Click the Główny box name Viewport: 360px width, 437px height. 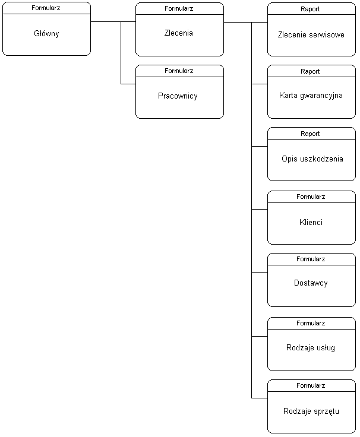(46, 34)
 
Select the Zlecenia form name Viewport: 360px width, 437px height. (178, 33)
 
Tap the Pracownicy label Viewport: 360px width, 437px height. (178, 96)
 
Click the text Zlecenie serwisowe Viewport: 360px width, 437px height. (311, 35)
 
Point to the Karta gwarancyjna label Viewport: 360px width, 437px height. (311, 96)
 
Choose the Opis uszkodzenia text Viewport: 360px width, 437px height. (312, 159)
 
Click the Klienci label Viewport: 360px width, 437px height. (311, 222)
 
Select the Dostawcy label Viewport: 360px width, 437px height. (311, 283)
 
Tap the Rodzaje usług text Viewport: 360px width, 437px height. (310, 348)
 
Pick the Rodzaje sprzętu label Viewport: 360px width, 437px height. (311, 411)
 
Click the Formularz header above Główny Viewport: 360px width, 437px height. (46, 8)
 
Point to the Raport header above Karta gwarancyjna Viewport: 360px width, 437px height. (310, 71)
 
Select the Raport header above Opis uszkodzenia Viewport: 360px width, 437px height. (310, 134)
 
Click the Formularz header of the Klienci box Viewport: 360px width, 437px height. (311, 197)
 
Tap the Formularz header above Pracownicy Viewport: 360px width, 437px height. (179, 71)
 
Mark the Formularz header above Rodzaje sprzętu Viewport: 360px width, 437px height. (311, 385)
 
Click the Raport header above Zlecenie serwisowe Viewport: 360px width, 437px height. (310, 9)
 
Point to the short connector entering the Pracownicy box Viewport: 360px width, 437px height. (128, 84)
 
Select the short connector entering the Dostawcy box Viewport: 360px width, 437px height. (260, 272)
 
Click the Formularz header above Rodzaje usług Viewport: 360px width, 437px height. (311, 323)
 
